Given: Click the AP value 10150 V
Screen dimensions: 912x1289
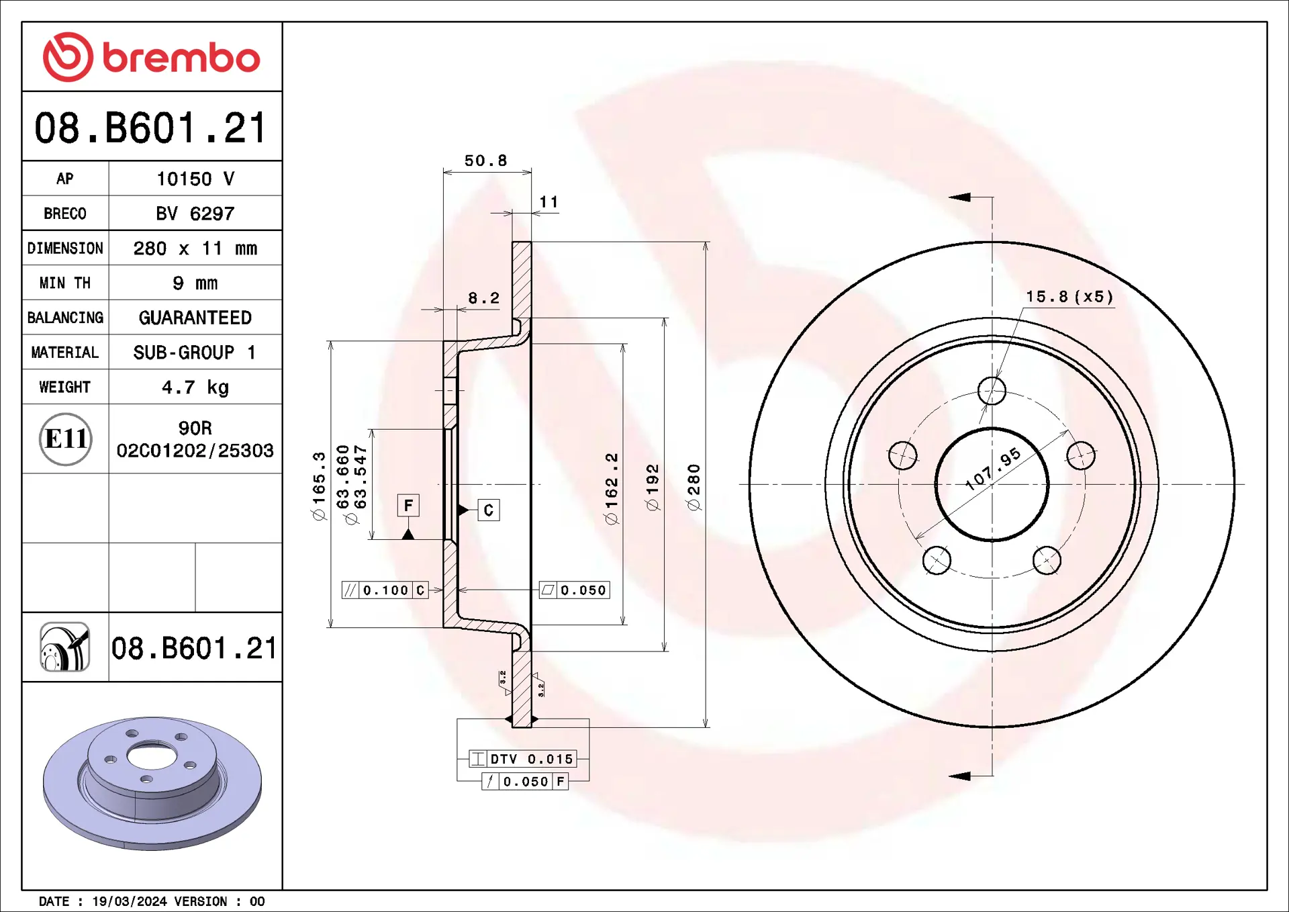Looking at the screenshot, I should pyautogui.click(x=195, y=179).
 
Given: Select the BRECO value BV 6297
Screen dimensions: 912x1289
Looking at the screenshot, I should pyautogui.click(x=195, y=214).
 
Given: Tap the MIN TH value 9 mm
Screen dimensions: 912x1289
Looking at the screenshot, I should pyautogui.click(x=195, y=283).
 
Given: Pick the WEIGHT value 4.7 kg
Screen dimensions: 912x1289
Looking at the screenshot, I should pyautogui.click(x=195, y=387).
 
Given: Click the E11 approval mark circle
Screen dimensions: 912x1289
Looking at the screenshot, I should pyautogui.click(x=65, y=439).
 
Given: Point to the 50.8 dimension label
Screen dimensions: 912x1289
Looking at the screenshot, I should pyautogui.click(x=485, y=161).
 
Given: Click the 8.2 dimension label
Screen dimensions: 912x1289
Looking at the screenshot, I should pyautogui.click(x=483, y=298).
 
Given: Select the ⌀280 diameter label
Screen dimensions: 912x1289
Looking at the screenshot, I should pyautogui.click(x=694, y=486).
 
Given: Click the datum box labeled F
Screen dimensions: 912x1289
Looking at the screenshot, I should pyautogui.click(x=408, y=505).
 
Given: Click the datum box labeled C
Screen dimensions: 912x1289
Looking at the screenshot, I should pyautogui.click(x=488, y=510).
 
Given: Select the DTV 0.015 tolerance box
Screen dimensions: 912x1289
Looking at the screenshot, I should pyautogui.click(x=523, y=759).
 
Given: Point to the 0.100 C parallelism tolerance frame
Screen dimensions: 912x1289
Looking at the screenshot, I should pyautogui.click(x=385, y=590).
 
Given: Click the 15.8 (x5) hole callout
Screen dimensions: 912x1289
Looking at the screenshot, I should pyautogui.click(x=1069, y=297).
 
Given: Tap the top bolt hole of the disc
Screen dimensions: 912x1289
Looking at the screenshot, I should pyautogui.click(x=992, y=391).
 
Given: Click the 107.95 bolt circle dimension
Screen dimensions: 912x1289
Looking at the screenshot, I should pyautogui.click(x=993, y=469).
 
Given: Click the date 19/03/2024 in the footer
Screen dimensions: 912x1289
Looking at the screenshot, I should pyautogui.click(x=129, y=901).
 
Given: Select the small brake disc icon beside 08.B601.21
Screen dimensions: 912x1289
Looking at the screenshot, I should pyautogui.click(x=65, y=647).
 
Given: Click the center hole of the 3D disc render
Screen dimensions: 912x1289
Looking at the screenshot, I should pyautogui.click(x=151, y=756).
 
